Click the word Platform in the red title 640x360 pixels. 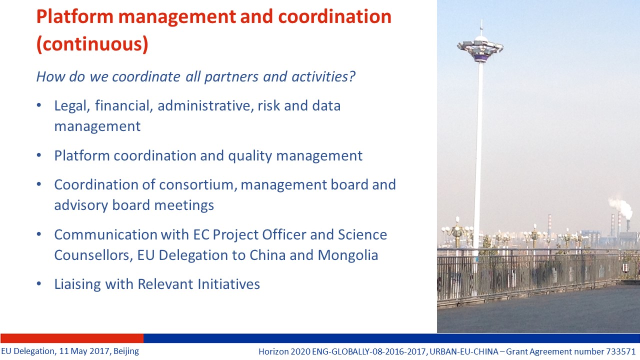(x=75, y=16)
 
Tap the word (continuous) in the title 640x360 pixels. (x=92, y=44)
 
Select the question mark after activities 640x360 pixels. (x=351, y=76)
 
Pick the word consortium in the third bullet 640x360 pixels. (x=198, y=184)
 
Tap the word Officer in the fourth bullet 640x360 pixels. (x=284, y=234)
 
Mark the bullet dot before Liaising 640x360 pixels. (x=39, y=283)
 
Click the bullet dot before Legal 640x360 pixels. (x=39, y=105)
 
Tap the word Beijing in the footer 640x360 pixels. (x=126, y=351)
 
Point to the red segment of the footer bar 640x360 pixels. (x=72, y=338)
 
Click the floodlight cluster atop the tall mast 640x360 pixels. (x=480, y=49)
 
